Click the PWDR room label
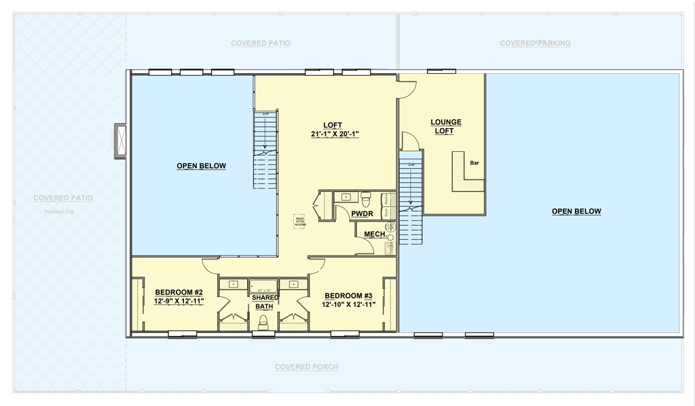(362, 214)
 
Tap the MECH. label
(375, 234)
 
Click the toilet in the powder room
(367, 199)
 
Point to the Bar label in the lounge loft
(474, 163)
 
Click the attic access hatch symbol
(299, 222)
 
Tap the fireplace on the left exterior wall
(121, 141)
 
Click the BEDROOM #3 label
(348, 296)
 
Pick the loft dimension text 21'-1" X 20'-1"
(335, 134)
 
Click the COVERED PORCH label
(306, 367)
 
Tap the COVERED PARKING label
(535, 43)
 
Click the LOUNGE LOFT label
(446, 127)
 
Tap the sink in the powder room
(345, 197)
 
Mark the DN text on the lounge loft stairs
(411, 165)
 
